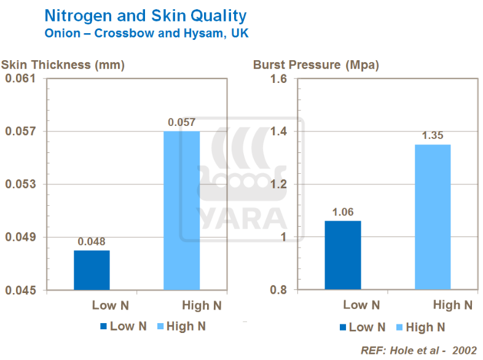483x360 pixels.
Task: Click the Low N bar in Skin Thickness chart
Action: (x=92, y=270)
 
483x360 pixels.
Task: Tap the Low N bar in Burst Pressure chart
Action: (x=342, y=255)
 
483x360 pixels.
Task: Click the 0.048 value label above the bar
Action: (x=92, y=241)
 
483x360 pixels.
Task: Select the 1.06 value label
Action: (x=343, y=212)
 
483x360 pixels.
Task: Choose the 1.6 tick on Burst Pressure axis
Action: (x=278, y=79)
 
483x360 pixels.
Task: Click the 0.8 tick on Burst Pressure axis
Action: (x=278, y=290)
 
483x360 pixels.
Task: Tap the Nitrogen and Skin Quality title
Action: (x=146, y=15)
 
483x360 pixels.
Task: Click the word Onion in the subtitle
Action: (x=62, y=33)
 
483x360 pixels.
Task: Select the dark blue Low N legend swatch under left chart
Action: (x=103, y=327)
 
